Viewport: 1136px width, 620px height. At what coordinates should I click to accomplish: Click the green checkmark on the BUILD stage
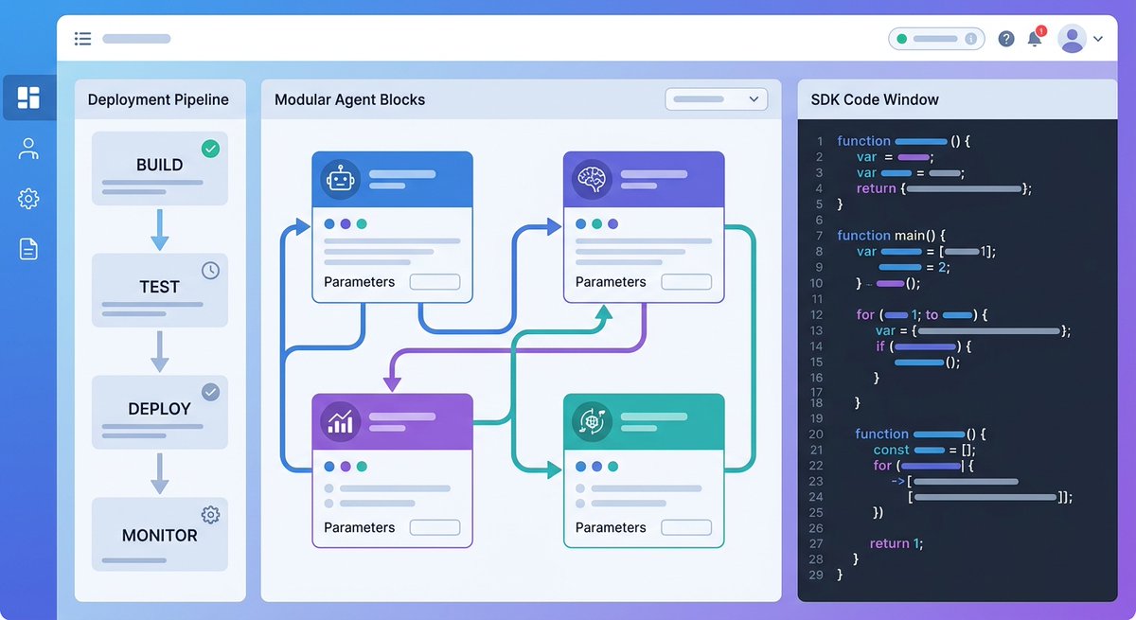(210, 149)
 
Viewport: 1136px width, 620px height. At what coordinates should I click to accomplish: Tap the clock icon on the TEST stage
(210, 271)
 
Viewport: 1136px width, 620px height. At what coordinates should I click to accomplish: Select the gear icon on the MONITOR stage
(210, 515)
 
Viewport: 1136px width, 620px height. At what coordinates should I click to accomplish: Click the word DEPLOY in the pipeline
(159, 409)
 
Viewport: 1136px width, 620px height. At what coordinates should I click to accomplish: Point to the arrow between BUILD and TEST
(159, 230)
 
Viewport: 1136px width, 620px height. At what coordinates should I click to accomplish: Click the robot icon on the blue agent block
(340, 178)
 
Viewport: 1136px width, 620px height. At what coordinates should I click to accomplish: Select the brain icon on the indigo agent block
(592, 178)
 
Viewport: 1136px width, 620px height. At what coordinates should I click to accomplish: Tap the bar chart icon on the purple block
(340, 421)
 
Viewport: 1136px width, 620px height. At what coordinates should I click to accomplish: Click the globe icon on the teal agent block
(592, 421)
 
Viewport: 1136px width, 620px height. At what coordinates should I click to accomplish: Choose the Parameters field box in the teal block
(686, 527)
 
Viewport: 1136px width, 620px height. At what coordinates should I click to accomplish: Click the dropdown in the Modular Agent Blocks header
(716, 98)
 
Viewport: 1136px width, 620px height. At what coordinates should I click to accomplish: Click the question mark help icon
(1006, 39)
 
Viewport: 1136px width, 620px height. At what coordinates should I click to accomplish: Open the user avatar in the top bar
(1072, 39)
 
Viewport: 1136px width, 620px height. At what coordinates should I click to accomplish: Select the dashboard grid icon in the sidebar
(28, 97)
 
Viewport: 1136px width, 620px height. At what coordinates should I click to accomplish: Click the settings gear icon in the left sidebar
(28, 199)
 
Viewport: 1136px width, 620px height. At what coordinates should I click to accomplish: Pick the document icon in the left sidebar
(28, 249)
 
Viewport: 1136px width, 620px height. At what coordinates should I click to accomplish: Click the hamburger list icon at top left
(82, 39)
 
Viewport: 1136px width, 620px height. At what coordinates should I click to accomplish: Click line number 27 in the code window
(816, 543)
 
